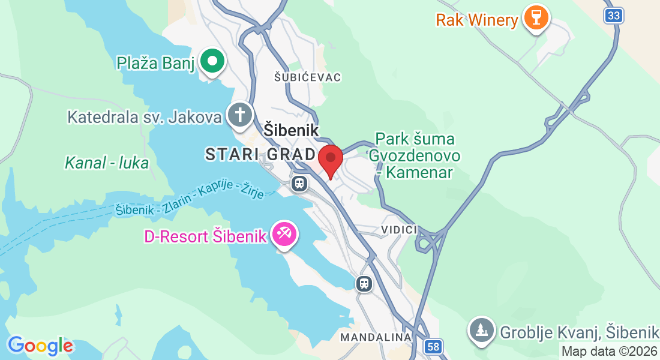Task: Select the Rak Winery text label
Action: click(477, 20)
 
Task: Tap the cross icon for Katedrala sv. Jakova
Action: click(239, 114)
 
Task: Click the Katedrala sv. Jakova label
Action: click(145, 116)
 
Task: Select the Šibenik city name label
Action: click(291, 130)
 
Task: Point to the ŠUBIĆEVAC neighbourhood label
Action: click(308, 77)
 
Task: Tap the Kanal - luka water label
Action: click(106, 163)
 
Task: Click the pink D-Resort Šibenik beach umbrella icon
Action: click(283, 233)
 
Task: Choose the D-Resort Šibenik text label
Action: click(205, 236)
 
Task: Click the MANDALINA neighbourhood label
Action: click(376, 337)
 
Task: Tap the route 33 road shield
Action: click(613, 16)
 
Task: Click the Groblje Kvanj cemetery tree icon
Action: click(482, 329)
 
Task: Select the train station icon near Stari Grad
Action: click(299, 184)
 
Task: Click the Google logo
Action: click(40, 346)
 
